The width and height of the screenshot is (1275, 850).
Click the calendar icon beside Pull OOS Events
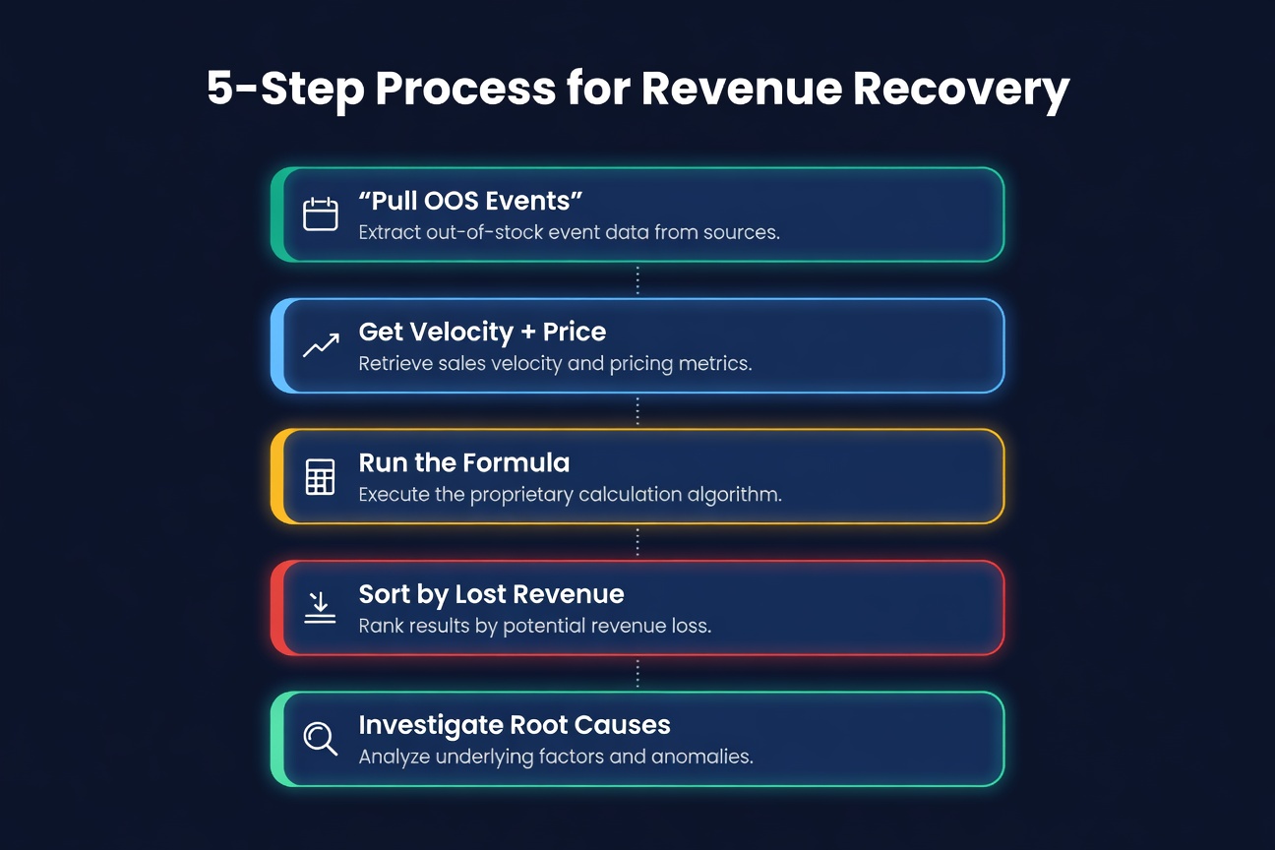pos(320,214)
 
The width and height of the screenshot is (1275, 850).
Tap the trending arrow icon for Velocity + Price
pos(320,345)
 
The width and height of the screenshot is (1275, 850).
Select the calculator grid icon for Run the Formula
pos(320,476)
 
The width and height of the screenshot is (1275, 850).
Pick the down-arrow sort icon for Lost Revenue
pos(320,607)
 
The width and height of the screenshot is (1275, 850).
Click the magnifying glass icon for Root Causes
pos(320,738)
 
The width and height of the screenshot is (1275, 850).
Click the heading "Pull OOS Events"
pos(470,201)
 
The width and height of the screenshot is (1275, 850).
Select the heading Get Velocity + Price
pos(481,332)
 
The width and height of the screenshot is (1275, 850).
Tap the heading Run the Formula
pos(463,462)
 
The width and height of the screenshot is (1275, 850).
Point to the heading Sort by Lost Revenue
pos(491,594)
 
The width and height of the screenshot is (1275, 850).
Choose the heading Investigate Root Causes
pos(514,725)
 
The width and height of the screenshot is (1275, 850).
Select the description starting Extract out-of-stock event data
pos(569,233)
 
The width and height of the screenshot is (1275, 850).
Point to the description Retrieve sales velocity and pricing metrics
pos(555,364)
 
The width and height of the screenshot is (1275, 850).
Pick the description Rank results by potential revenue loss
pos(534,626)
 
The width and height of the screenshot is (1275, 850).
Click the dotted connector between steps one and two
pos(637,280)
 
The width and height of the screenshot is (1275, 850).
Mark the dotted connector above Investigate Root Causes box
pos(637,673)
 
